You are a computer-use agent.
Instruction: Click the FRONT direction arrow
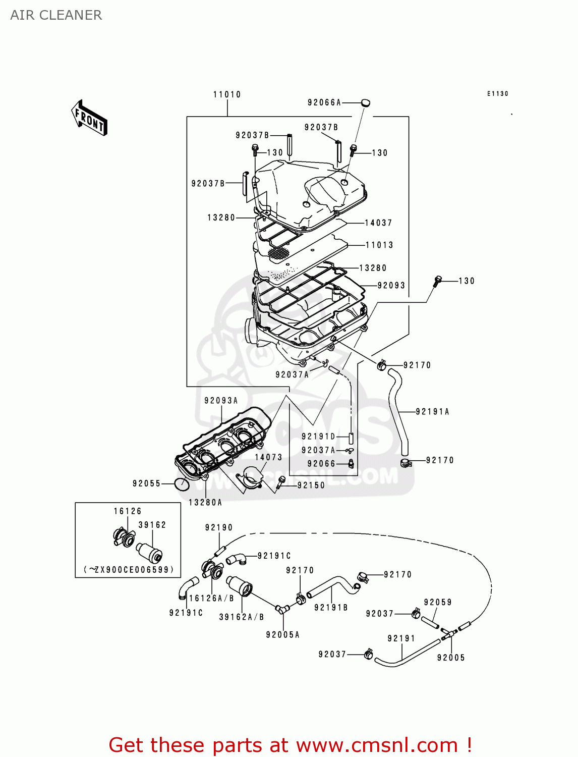tap(89, 118)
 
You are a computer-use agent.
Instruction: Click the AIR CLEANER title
tap(56, 15)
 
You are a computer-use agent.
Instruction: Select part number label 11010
tap(227, 94)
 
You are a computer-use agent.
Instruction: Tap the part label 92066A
tap(324, 102)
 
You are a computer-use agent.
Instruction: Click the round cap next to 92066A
tap(365, 103)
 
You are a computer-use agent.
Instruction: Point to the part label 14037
tap(378, 223)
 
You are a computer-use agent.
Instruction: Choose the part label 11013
tap(379, 245)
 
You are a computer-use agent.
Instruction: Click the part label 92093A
tap(221, 401)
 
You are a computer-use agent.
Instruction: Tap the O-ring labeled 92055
tap(182, 484)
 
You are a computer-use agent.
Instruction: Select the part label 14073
tap(268, 457)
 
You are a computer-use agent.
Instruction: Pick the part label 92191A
tap(432, 412)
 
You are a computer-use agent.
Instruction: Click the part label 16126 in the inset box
tap(128, 511)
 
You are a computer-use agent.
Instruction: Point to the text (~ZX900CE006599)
tap(128, 569)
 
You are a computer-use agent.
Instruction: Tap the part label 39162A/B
tap(242, 617)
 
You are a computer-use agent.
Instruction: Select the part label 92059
tap(438, 602)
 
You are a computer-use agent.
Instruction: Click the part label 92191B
tap(331, 608)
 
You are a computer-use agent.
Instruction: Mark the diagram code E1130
tap(498, 93)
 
